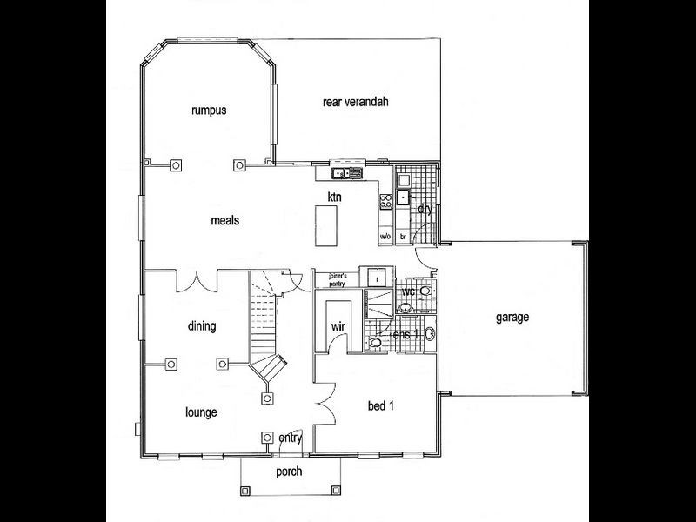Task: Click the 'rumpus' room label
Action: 209,110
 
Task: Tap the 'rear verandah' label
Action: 355,102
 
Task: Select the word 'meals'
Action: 224,220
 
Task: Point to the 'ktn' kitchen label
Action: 334,197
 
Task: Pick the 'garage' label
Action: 512,318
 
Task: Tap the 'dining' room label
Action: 201,326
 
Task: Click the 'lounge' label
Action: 201,412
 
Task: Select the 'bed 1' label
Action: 382,405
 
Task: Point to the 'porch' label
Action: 288,472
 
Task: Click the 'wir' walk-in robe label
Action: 338,327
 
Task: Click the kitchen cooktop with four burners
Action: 385,202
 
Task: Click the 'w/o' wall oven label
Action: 385,237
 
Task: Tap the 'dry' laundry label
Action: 425,209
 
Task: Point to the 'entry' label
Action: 291,438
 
